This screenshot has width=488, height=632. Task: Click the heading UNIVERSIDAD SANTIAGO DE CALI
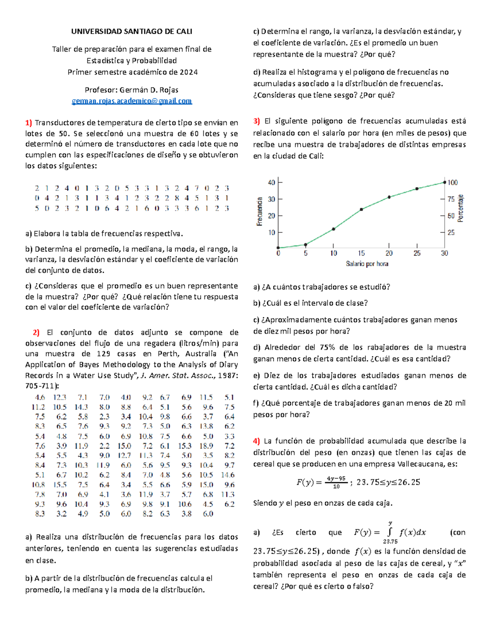[x=132, y=31]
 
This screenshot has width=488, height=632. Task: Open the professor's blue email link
[x=132, y=101]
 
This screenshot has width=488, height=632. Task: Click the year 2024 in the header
[x=189, y=72]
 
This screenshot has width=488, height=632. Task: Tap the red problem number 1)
[x=28, y=122]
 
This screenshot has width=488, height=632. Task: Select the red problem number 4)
[x=256, y=441]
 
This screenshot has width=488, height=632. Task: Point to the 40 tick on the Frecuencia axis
[x=271, y=182]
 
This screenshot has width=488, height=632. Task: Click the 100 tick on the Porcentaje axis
[x=453, y=182]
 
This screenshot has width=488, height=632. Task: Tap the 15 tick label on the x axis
[x=361, y=253]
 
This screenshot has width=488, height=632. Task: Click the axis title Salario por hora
[x=367, y=264]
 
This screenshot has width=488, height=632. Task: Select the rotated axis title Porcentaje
[x=460, y=208]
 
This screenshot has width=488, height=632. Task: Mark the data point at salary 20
[x=389, y=197]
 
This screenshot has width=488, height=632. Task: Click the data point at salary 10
[x=333, y=229]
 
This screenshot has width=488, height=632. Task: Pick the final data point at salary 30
[x=444, y=182]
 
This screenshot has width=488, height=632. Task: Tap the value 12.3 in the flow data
[x=59, y=397]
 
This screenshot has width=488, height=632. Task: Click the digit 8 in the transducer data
[x=176, y=198]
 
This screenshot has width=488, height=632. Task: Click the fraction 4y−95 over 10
[x=336, y=482]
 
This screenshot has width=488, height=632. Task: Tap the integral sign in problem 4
[x=390, y=532]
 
